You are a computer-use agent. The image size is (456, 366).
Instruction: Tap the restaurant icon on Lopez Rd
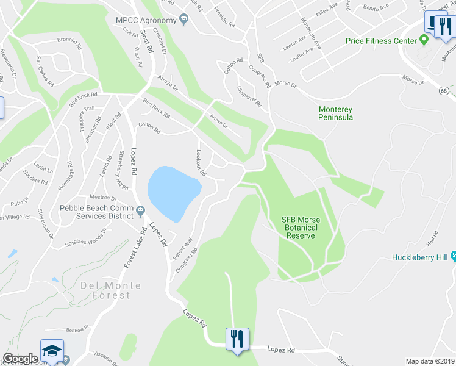pos(235,339)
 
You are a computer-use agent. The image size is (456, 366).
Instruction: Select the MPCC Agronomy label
pos(146,20)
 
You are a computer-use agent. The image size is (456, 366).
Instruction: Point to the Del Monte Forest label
pos(106,290)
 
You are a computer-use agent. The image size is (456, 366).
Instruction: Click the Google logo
pos(20,359)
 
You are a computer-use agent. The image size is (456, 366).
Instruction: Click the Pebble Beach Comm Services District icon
pos(141,211)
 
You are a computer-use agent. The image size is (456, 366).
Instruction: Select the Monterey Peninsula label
pos(336,113)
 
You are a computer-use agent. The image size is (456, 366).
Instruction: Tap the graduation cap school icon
pos(52,350)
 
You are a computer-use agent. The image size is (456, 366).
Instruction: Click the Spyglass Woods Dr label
pos(85,237)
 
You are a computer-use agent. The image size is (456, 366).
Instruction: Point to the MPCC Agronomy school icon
pos(183,20)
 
